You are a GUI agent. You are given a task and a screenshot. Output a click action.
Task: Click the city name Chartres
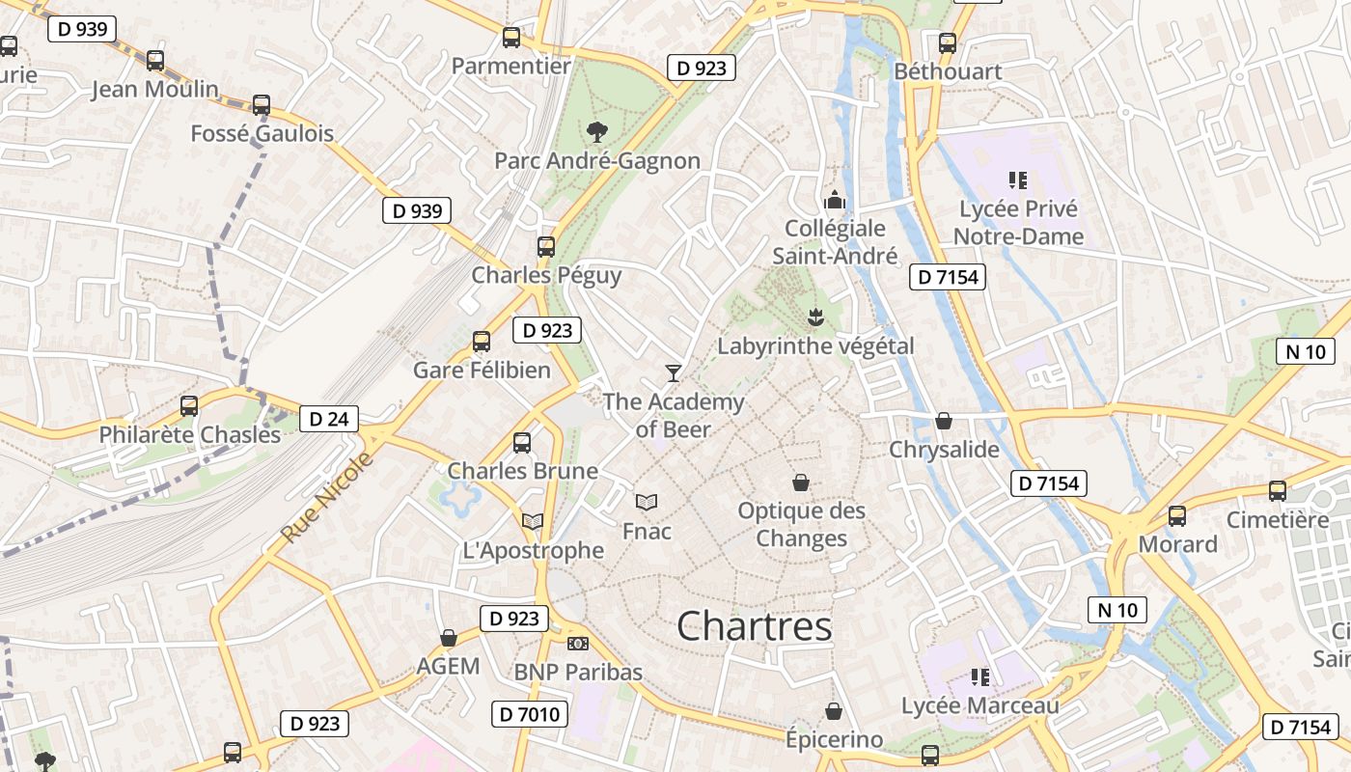pos(754,626)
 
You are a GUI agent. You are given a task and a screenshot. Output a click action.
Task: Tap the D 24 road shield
pos(329,419)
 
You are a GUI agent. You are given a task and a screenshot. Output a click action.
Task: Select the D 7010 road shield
pos(529,714)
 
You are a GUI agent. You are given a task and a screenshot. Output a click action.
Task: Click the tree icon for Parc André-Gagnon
pos(597,131)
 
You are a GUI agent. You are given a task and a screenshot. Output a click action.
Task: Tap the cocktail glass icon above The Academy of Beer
pos(674,372)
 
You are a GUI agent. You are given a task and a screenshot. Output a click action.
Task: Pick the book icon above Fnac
pos(647,502)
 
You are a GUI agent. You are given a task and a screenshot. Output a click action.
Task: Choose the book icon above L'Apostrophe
pos(533,521)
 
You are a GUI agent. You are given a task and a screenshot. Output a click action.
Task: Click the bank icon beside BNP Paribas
pos(578,644)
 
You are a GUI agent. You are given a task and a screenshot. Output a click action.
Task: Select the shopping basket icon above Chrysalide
pos(944,421)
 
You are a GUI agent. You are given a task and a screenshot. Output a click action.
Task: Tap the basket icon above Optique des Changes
pos(801,482)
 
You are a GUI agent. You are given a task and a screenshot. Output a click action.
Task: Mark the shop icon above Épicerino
pos(834,711)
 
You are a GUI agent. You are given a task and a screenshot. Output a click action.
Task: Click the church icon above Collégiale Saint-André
pos(835,200)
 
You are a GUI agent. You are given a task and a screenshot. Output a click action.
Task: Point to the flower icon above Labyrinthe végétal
pos(815,317)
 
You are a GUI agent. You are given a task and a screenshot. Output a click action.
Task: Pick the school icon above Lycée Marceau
pos(980,677)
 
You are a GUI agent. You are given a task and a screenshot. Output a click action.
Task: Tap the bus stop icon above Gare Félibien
pos(482,341)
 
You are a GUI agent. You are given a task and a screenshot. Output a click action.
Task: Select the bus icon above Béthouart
pos(948,42)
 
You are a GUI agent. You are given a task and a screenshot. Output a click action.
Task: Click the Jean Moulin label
pos(155,90)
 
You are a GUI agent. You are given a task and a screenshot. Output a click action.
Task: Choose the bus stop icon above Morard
pos(1177,515)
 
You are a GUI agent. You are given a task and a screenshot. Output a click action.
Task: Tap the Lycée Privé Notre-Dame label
pos(1018,223)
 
